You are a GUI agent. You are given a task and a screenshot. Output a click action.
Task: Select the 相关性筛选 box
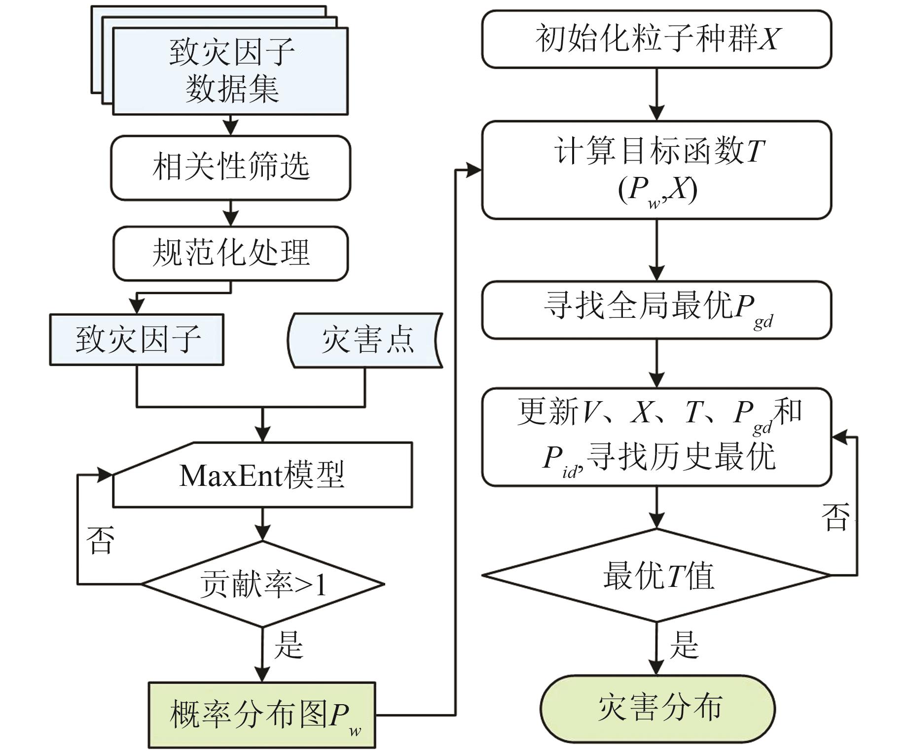click(230, 168)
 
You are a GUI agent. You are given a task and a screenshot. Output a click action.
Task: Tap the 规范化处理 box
click(230, 253)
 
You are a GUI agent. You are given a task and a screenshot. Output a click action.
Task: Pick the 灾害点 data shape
click(365, 340)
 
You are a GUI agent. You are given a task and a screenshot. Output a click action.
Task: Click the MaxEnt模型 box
click(262, 475)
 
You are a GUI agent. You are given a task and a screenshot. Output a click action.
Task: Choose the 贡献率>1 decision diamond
click(262, 584)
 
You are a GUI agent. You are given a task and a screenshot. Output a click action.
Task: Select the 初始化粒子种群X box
click(656, 39)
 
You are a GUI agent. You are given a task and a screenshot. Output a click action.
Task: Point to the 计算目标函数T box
click(656, 170)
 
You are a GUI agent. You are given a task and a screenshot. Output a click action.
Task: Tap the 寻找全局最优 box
click(656, 309)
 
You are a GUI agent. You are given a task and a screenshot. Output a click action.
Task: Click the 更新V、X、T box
click(656, 437)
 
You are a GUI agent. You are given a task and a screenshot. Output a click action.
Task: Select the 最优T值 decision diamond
click(656, 575)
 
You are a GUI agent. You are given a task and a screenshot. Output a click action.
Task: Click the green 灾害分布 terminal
click(657, 708)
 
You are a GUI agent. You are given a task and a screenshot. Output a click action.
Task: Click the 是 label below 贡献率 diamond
click(289, 645)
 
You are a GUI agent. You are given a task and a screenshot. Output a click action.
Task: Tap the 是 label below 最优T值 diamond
click(684, 645)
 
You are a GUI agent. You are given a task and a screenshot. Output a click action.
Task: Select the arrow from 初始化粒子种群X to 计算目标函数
click(656, 94)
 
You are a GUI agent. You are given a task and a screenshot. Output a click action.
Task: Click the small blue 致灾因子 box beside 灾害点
click(137, 340)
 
